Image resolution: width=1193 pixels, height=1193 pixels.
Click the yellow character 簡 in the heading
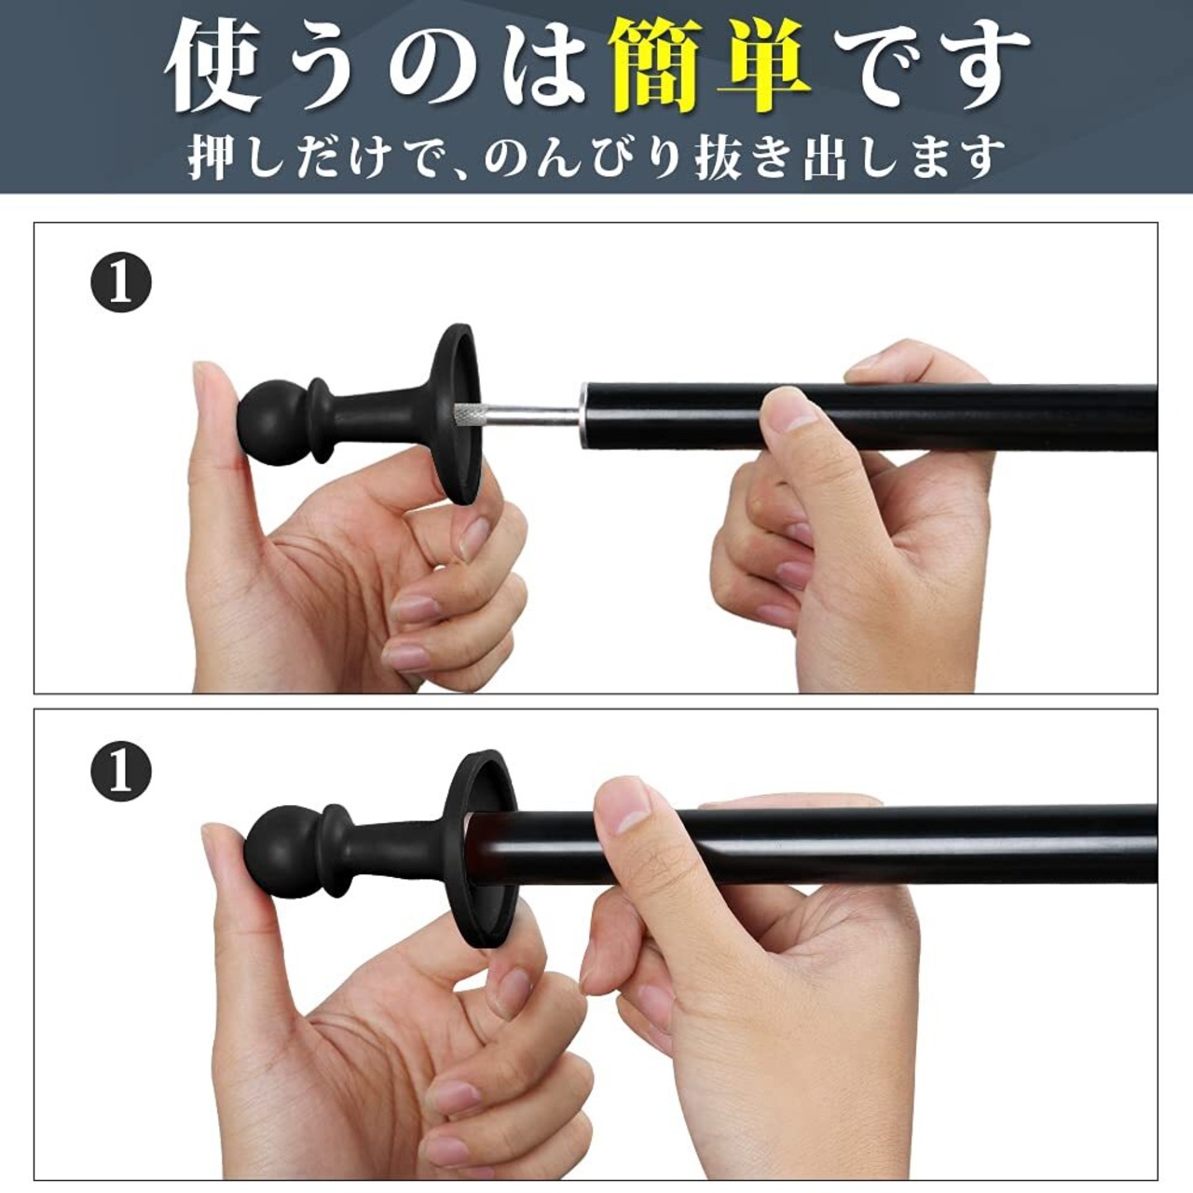pyautogui.click(x=656, y=67)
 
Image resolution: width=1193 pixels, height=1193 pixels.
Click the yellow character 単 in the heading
pyautogui.click(x=764, y=67)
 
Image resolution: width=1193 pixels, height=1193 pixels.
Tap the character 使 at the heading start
pyautogui.click(x=213, y=67)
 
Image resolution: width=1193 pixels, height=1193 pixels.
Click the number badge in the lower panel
pyautogui.click(x=121, y=771)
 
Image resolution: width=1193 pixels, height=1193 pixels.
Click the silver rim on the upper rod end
pyautogui.click(x=583, y=414)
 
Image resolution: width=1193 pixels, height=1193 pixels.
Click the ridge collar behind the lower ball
pyautogui.click(x=335, y=849)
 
